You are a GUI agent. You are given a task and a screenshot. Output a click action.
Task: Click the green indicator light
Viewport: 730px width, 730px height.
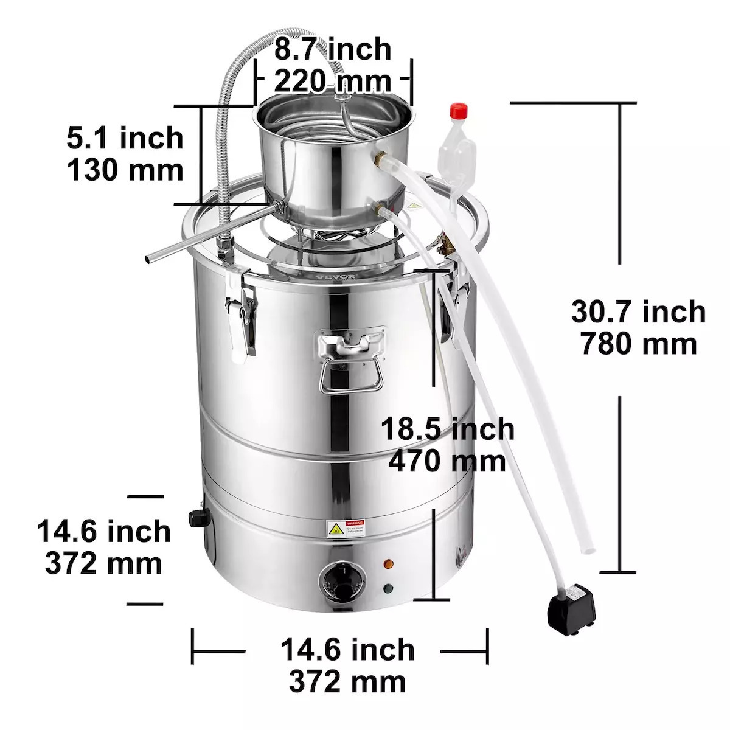coord(387,588)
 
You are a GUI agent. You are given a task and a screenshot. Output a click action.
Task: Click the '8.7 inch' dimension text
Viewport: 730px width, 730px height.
coord(332,49)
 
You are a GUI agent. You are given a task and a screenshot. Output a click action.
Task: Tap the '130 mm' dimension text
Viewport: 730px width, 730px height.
coord(125,170)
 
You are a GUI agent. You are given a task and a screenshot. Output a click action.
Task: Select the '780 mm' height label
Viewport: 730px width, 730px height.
coord(638,344)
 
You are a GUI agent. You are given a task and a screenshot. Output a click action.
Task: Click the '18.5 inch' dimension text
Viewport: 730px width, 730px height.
coord(447,429)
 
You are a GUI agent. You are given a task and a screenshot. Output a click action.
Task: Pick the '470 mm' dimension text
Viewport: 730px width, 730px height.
coord(447,461)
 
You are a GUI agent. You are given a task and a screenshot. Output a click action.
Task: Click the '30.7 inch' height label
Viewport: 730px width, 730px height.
coord(638,312)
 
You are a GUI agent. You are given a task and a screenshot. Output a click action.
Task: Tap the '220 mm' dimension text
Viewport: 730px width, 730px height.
coord(332,80)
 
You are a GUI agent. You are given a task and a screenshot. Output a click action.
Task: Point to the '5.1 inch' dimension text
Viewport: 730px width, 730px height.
coord(125,138)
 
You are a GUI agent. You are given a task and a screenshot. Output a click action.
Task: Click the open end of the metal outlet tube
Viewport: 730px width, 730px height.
coord(148,259)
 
